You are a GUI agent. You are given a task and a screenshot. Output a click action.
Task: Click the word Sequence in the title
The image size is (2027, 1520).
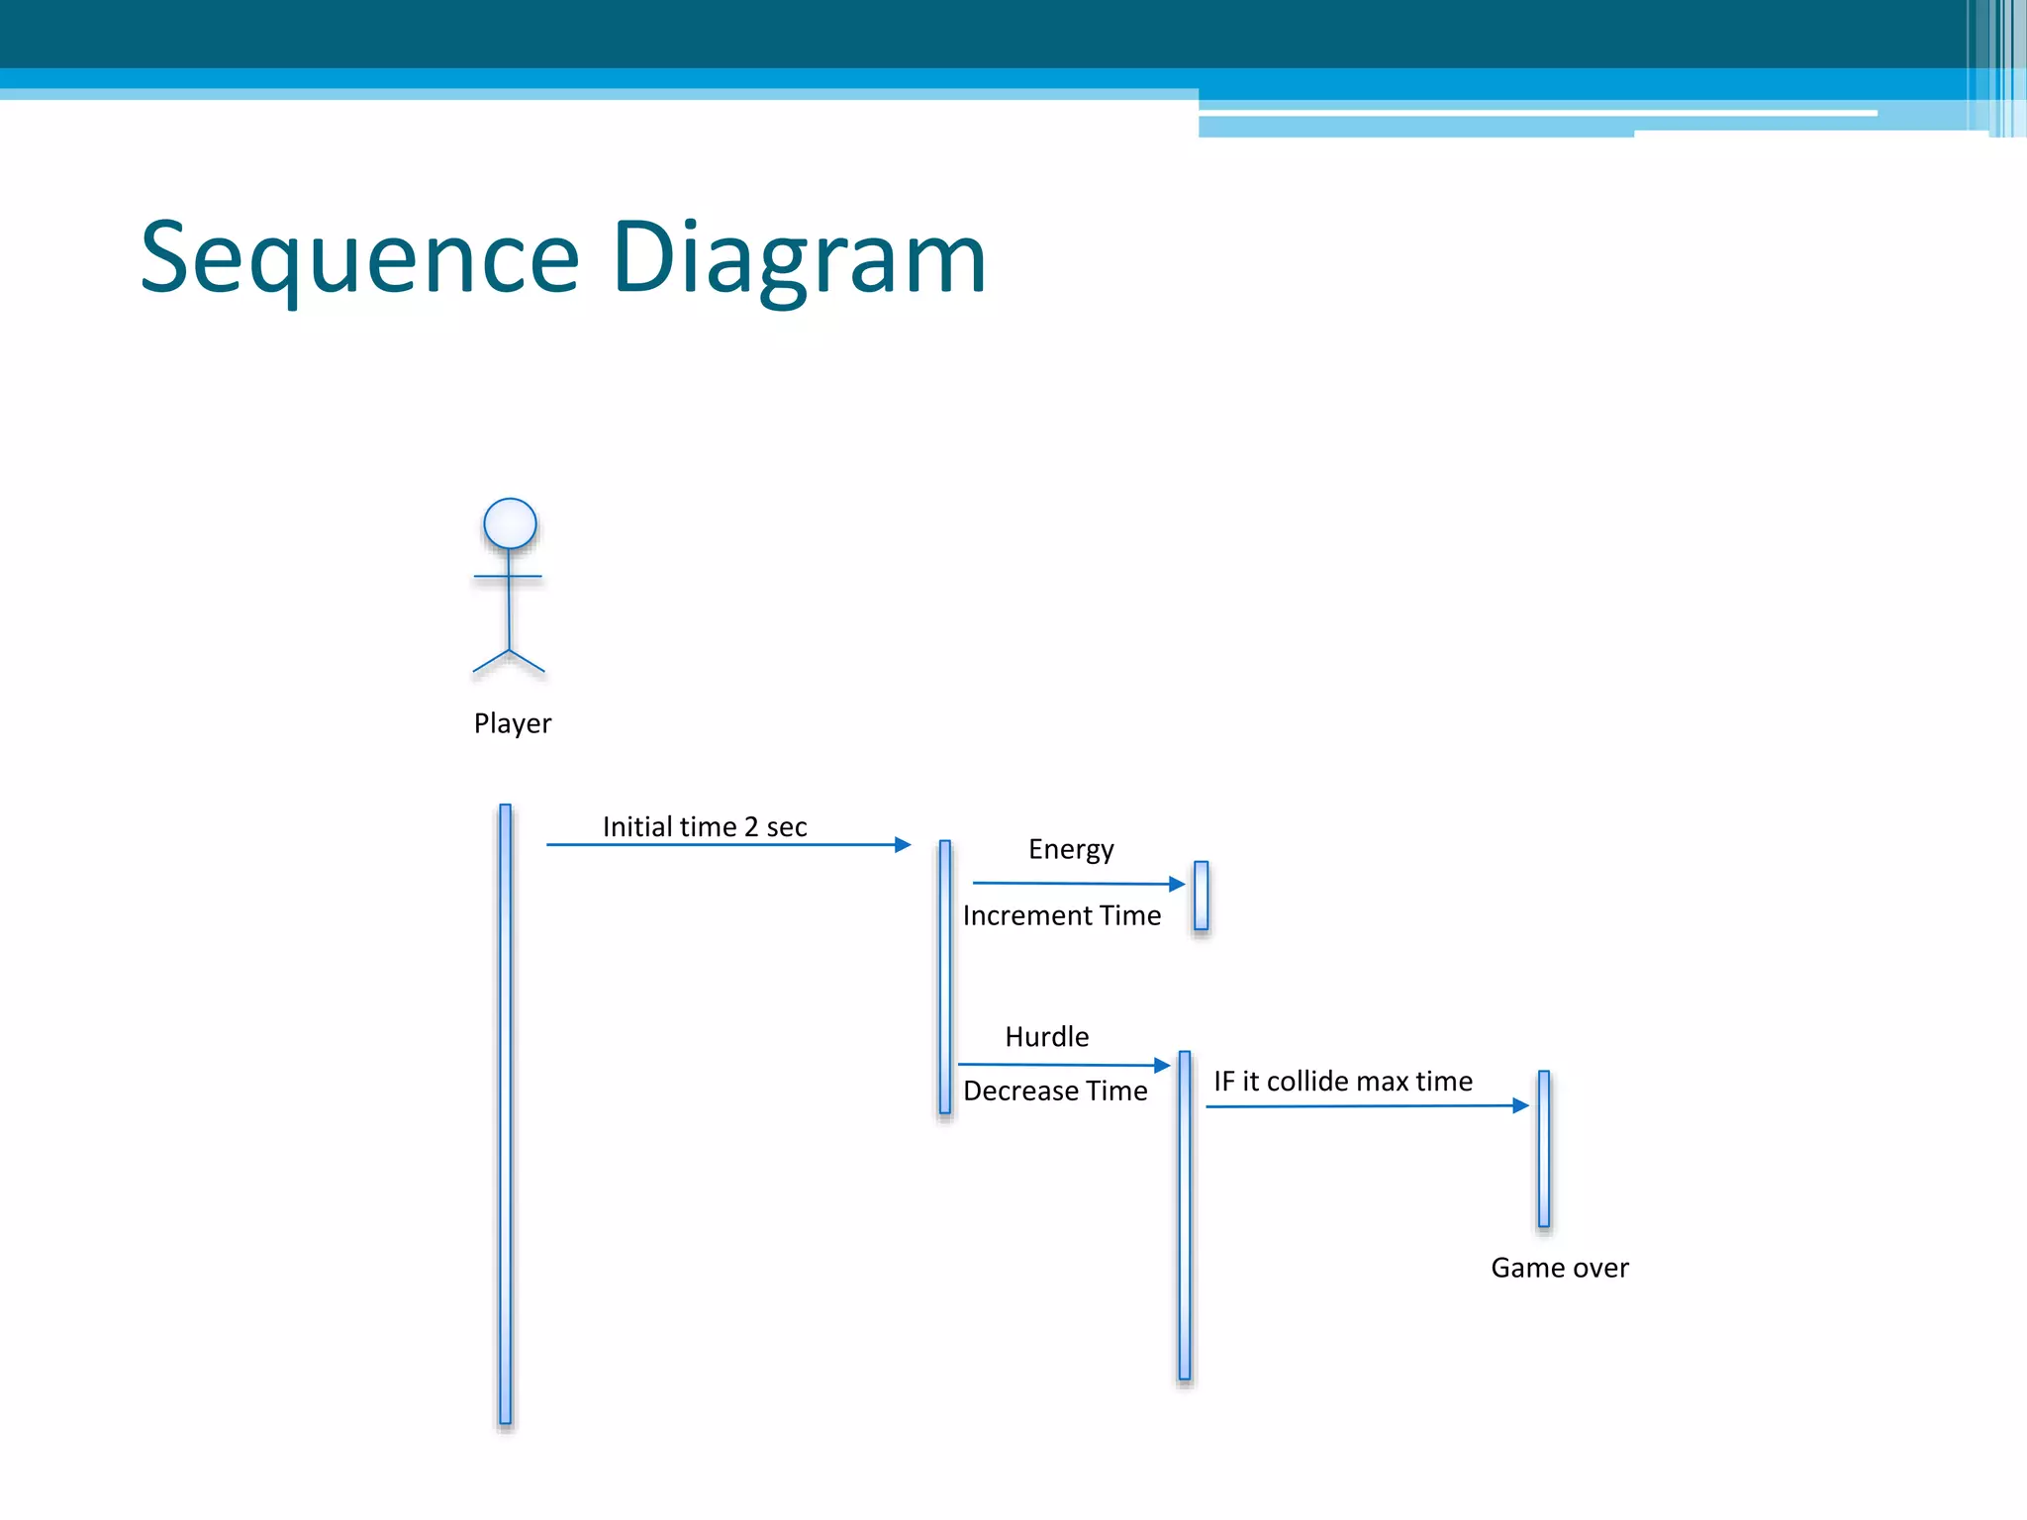point(359,259)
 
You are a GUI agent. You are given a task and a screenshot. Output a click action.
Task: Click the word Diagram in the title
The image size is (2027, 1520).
point(799,259)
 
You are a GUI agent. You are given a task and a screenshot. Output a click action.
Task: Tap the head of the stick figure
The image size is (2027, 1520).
point(510,523)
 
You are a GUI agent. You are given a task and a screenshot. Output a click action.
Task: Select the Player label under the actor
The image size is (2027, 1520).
point(512,723)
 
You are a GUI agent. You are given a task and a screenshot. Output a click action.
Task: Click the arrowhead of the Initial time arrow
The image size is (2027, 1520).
point(903,844)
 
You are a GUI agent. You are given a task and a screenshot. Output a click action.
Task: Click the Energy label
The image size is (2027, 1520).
point(1071,849)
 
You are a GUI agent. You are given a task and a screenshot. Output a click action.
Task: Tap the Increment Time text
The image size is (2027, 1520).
point(1061,915)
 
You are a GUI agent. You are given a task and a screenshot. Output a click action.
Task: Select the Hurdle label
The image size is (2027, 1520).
point(1046,1036)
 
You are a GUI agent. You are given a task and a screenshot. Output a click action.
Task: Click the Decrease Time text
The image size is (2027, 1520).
point(1055,1091)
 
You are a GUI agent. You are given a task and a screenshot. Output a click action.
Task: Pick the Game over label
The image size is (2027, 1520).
point(1559,1268)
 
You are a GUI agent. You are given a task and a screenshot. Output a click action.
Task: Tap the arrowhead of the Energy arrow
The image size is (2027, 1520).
point(1177,884)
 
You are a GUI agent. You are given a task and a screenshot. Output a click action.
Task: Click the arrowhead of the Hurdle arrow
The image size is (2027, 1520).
point(1163,1066)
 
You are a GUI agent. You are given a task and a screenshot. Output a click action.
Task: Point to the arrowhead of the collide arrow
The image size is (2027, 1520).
point(1521,1105)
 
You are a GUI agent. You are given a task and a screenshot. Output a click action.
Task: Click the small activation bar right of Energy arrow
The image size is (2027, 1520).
point(1201,896)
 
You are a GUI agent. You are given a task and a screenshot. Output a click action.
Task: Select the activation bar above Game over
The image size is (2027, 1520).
point(1544,1148)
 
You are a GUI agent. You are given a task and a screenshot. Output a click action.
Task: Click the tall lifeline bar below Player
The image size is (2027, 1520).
point(506,1113)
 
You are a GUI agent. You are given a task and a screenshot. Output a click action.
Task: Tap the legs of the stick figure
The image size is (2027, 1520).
point(509,661)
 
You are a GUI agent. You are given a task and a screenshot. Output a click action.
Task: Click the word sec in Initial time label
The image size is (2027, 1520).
point(787,826)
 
